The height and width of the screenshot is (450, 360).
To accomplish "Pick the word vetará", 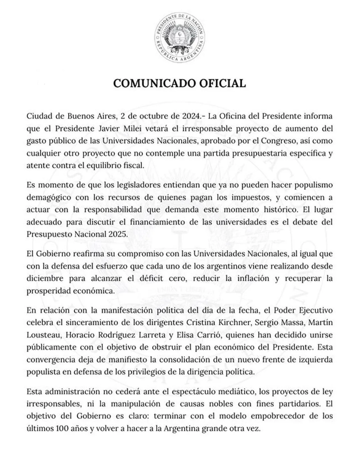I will coord(148,128).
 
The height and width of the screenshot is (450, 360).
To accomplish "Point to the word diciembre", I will coord(45,278).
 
